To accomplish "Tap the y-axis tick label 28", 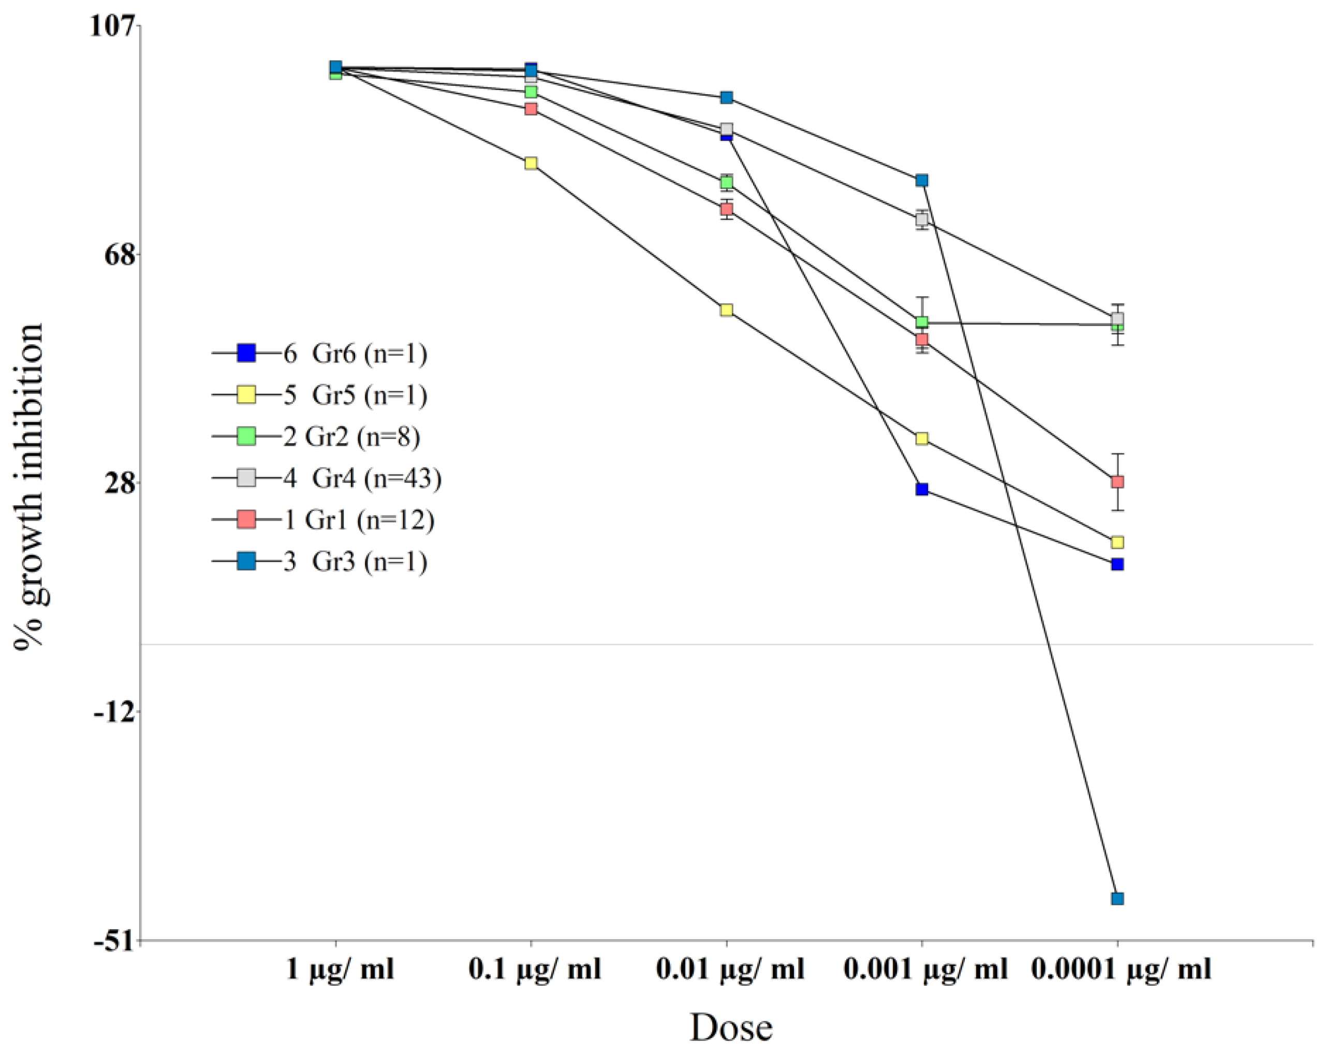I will [120, 483].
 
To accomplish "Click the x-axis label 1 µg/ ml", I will [340, 970].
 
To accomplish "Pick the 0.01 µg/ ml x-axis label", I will [730, 970].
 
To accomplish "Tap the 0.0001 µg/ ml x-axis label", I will [1121, 970].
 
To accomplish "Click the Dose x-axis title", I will [730, 1028].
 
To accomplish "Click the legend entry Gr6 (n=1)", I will [355, 354].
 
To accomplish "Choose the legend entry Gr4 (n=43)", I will [362, 478].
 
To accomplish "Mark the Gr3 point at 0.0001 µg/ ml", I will [1117, 899].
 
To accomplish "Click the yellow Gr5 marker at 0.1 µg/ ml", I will [531, 163].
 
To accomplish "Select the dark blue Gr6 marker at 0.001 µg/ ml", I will [922, 489].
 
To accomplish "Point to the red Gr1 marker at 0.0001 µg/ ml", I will [1117, 481].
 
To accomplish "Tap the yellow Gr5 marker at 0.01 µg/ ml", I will [727, 310].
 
